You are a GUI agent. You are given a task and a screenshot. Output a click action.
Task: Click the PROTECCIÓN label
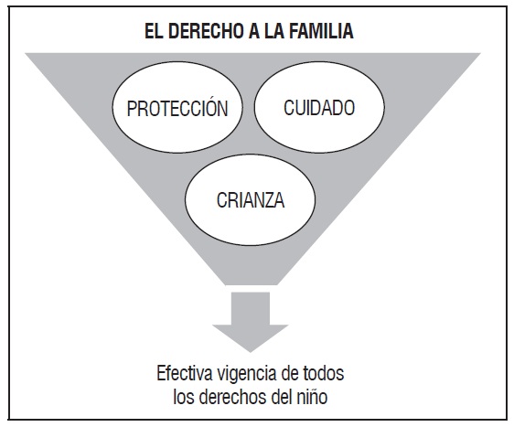tap(177, 108)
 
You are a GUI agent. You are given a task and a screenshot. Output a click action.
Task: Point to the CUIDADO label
tap(319, 107)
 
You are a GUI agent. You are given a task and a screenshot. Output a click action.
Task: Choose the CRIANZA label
tap(251, 200)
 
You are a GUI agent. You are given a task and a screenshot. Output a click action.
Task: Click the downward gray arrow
tap(250, 321)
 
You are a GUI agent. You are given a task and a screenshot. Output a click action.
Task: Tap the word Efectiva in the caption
tap(185, 373)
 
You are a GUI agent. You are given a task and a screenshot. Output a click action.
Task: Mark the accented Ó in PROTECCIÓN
tap(209, 107)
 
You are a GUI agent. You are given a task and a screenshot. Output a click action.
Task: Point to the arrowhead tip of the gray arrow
tap(250, 352)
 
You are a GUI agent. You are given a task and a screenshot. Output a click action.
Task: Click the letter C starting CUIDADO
tap(289, 107)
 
